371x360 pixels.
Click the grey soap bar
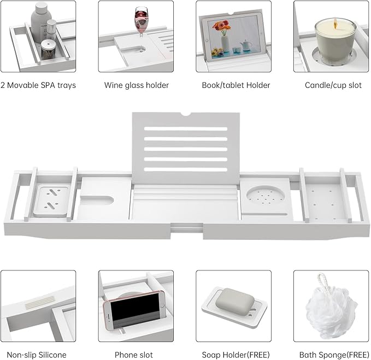coord(235,301)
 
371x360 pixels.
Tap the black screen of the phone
coord(135,309)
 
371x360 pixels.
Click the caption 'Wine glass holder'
coord(137,85)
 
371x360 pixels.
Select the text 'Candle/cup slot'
coord(333,85)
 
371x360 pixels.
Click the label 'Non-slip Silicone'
coord(37,355)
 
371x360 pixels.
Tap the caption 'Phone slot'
coord(134,355)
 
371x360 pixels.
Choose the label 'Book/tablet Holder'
coord(236,85)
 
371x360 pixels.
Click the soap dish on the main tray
coord(52,201)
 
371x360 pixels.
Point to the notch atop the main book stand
coord(186,114)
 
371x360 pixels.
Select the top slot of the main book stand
coord(186,129)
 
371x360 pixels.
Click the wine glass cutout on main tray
coord(97,200)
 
